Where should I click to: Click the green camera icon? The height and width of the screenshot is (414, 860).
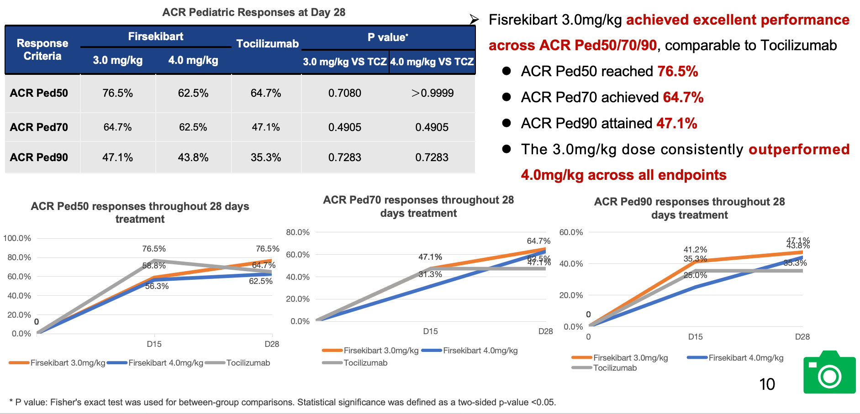point(829,372)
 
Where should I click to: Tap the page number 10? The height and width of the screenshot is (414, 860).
point(767,384)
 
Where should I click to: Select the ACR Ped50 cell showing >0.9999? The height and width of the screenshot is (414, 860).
point(432,93)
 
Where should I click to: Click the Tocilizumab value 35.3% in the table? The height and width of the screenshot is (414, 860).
point(266,157)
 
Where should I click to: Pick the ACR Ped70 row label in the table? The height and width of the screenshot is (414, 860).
point(39,127)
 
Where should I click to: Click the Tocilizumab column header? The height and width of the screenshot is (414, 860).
point(267,44)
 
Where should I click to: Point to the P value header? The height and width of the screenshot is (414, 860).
point(388,37)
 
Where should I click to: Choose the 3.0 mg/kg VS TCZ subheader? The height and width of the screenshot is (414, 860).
point(345,62)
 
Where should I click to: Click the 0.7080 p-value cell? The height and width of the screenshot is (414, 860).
point(344,93)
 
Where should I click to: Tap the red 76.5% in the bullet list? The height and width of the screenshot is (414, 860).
point(677,72)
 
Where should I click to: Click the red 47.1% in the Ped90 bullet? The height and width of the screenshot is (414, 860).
point(676,124)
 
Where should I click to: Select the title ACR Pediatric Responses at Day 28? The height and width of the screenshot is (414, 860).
point(253,12)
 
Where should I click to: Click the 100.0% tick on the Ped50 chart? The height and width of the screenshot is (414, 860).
point(17,238)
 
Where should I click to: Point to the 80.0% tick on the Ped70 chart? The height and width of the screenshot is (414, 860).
point(298,232)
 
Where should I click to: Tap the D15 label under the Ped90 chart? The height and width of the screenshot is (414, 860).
point(695,337)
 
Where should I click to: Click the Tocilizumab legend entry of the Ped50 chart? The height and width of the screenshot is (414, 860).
point(248,363)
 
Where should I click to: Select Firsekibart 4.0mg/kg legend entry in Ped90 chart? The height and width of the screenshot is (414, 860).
point(746,358)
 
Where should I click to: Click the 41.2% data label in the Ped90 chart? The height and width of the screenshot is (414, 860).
point(695,250)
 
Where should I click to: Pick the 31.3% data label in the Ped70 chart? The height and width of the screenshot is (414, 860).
point(430,274)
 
